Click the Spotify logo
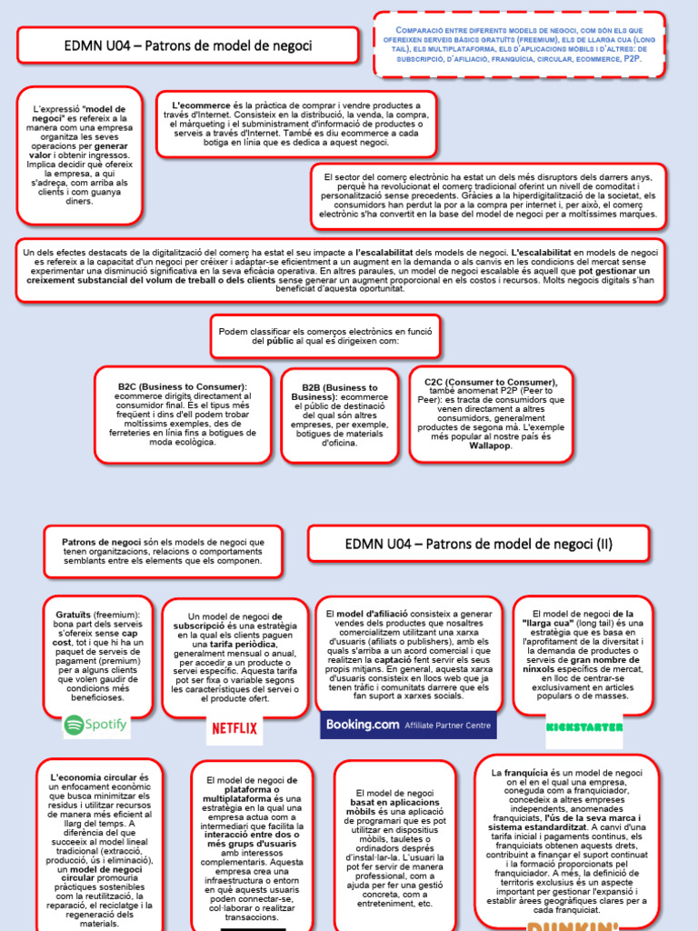point(96,725)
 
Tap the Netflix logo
point(234,727)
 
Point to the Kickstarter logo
point(584,726)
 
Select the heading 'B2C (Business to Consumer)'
point(182,386)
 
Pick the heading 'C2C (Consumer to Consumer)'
point(492,382)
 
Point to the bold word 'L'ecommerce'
point(202,105)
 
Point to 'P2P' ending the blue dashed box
point(631,58)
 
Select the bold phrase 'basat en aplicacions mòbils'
point(394,808)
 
